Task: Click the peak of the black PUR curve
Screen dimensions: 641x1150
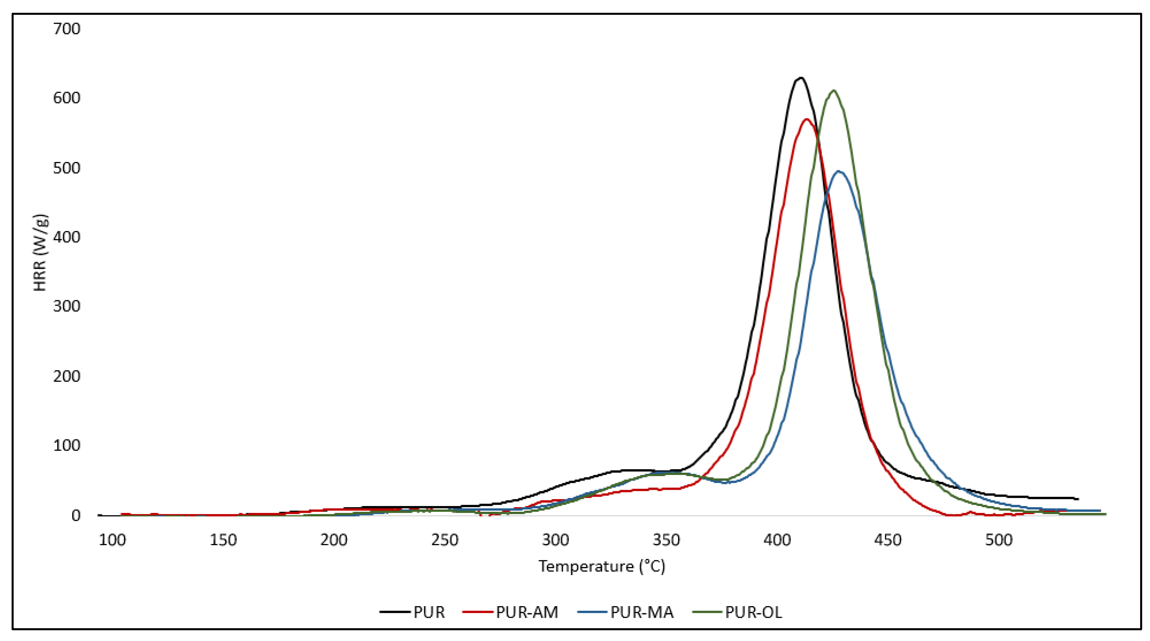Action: coord(801,78)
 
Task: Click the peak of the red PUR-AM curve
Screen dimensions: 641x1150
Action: coord(807,119)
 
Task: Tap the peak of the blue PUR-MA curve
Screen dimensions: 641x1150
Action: coord(839,171)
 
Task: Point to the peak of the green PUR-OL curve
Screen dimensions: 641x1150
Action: coord(833,91)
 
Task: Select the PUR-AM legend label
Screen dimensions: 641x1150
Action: coord(527,612)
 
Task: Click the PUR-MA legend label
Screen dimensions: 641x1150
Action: coord(642,612)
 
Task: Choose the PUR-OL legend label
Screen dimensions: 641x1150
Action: coord(754,612)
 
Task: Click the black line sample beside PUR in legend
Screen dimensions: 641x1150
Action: coord(395,612)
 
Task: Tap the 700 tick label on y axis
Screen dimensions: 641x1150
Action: coord(66,29)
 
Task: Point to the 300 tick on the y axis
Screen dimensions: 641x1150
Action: coord(66,307)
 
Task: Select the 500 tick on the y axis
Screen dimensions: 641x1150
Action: coord(66,168)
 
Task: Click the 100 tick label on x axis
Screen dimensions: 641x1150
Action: coord(112,540)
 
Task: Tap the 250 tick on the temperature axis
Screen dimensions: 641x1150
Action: coord(445,540)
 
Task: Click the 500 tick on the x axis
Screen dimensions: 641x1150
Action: coord(999,540)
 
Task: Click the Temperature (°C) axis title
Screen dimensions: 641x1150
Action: coord(602,566)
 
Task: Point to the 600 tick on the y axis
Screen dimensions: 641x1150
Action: coord(66,98)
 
